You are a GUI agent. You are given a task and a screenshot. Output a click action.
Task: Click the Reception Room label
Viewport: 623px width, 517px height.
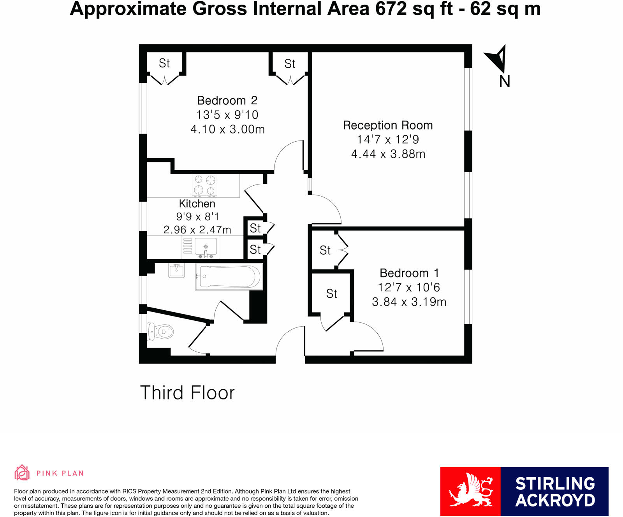(387, 125)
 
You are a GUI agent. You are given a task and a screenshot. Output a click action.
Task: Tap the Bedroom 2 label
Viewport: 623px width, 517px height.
(227, 100)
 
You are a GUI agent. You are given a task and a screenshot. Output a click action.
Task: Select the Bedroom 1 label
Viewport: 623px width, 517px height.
(409, 273)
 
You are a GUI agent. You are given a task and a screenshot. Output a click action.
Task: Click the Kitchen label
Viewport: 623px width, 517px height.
(197, 204)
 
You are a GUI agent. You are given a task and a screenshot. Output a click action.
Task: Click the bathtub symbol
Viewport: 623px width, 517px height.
(229, 277)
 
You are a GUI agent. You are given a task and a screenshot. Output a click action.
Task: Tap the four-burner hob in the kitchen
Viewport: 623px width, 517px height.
(205, 185)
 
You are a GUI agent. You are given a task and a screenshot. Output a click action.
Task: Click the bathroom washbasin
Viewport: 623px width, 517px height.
(176, 270)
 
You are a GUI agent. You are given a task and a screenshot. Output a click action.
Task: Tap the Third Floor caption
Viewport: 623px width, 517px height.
(187, 392)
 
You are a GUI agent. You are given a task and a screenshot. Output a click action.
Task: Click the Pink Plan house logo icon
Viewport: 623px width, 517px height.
(22, 473)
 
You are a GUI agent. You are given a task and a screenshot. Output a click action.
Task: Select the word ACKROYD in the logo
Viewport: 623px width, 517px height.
(555, 501)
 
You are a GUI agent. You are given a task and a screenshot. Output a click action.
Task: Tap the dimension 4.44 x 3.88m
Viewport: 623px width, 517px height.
(388, 154)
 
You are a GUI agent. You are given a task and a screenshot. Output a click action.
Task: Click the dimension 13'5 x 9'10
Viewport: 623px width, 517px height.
(227, 115)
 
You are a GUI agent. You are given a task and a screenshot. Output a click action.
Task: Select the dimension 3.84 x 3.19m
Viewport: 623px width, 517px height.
(409, 302)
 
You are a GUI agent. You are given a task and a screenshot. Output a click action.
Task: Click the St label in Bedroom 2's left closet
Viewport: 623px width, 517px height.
(164, 63)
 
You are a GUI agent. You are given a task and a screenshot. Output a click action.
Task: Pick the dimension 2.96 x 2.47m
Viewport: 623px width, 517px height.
(197, 230)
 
